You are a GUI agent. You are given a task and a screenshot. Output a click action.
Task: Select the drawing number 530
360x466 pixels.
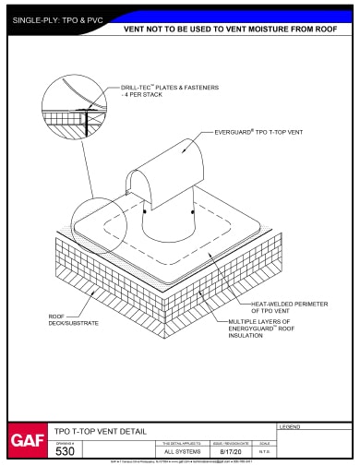[66, 451]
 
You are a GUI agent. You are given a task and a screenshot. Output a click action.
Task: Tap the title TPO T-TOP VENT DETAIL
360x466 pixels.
[102, 431]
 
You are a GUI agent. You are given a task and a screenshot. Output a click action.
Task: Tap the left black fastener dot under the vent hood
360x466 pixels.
[146, 212]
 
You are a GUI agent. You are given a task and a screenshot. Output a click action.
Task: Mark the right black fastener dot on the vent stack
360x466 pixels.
[192, 211]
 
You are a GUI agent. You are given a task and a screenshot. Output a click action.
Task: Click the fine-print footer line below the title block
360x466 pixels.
[180, 462]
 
